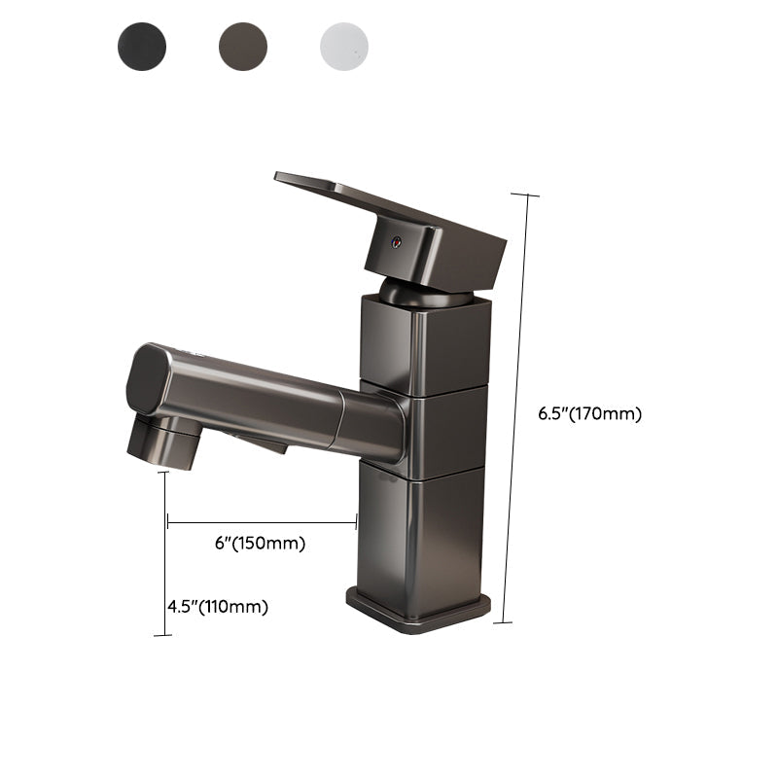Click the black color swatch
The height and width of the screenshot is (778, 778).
pyautogui.click(x=142, y=45)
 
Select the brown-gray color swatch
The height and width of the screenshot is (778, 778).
pyautogui.click(x=243, y=45)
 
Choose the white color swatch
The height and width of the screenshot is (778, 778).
pyautogui.click(x=344, y=45)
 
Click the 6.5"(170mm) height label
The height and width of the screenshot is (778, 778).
pyautogui.click(x=590, y=413)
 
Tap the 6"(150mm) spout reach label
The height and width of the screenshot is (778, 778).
pyautogui.click(x=261, y=544)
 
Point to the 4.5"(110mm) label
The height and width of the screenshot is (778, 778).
pyautogui.click(x=217, y=607)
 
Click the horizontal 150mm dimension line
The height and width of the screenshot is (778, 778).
pyautogui.click(x=263, y=523)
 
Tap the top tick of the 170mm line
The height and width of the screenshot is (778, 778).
pyautogui.click(x=525, y=194)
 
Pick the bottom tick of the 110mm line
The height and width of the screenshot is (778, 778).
pyautogui.click(x=162, y=635)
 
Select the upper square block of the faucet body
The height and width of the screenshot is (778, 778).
pyautogui.click(x=423, y=345)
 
